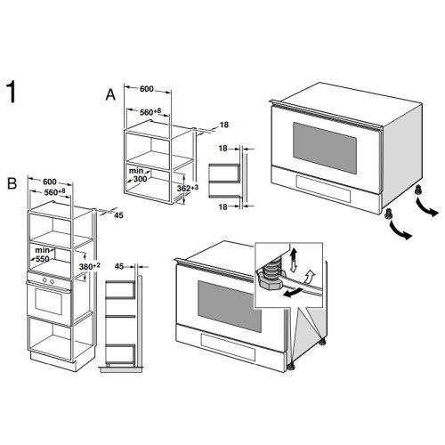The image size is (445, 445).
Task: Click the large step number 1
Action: point(12,92)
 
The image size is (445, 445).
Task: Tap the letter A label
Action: point(110,95)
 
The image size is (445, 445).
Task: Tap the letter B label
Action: point(12,183)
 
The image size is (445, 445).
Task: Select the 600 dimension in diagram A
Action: point(147,89)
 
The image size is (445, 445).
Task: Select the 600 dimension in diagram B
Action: point(50,182)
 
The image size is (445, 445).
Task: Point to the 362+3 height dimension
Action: point(188,188)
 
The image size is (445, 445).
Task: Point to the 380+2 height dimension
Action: point(90,266)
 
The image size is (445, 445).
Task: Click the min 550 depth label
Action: point(42,255)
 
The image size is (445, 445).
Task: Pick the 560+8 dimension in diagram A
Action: point(150,112)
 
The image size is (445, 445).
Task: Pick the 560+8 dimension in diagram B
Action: point(54,192)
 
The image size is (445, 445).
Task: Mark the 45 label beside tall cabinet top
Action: point(118,215)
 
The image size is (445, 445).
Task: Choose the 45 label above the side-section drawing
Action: point(119,266)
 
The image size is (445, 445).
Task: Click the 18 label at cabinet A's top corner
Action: point(224,125)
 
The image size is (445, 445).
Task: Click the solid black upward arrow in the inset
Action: point(294,254)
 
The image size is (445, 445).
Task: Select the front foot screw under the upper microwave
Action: point(388,214)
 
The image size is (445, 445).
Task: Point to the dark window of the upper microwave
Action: point(325,148)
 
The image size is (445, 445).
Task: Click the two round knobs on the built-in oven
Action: point(48,280)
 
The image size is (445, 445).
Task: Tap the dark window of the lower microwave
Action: point(230,306)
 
